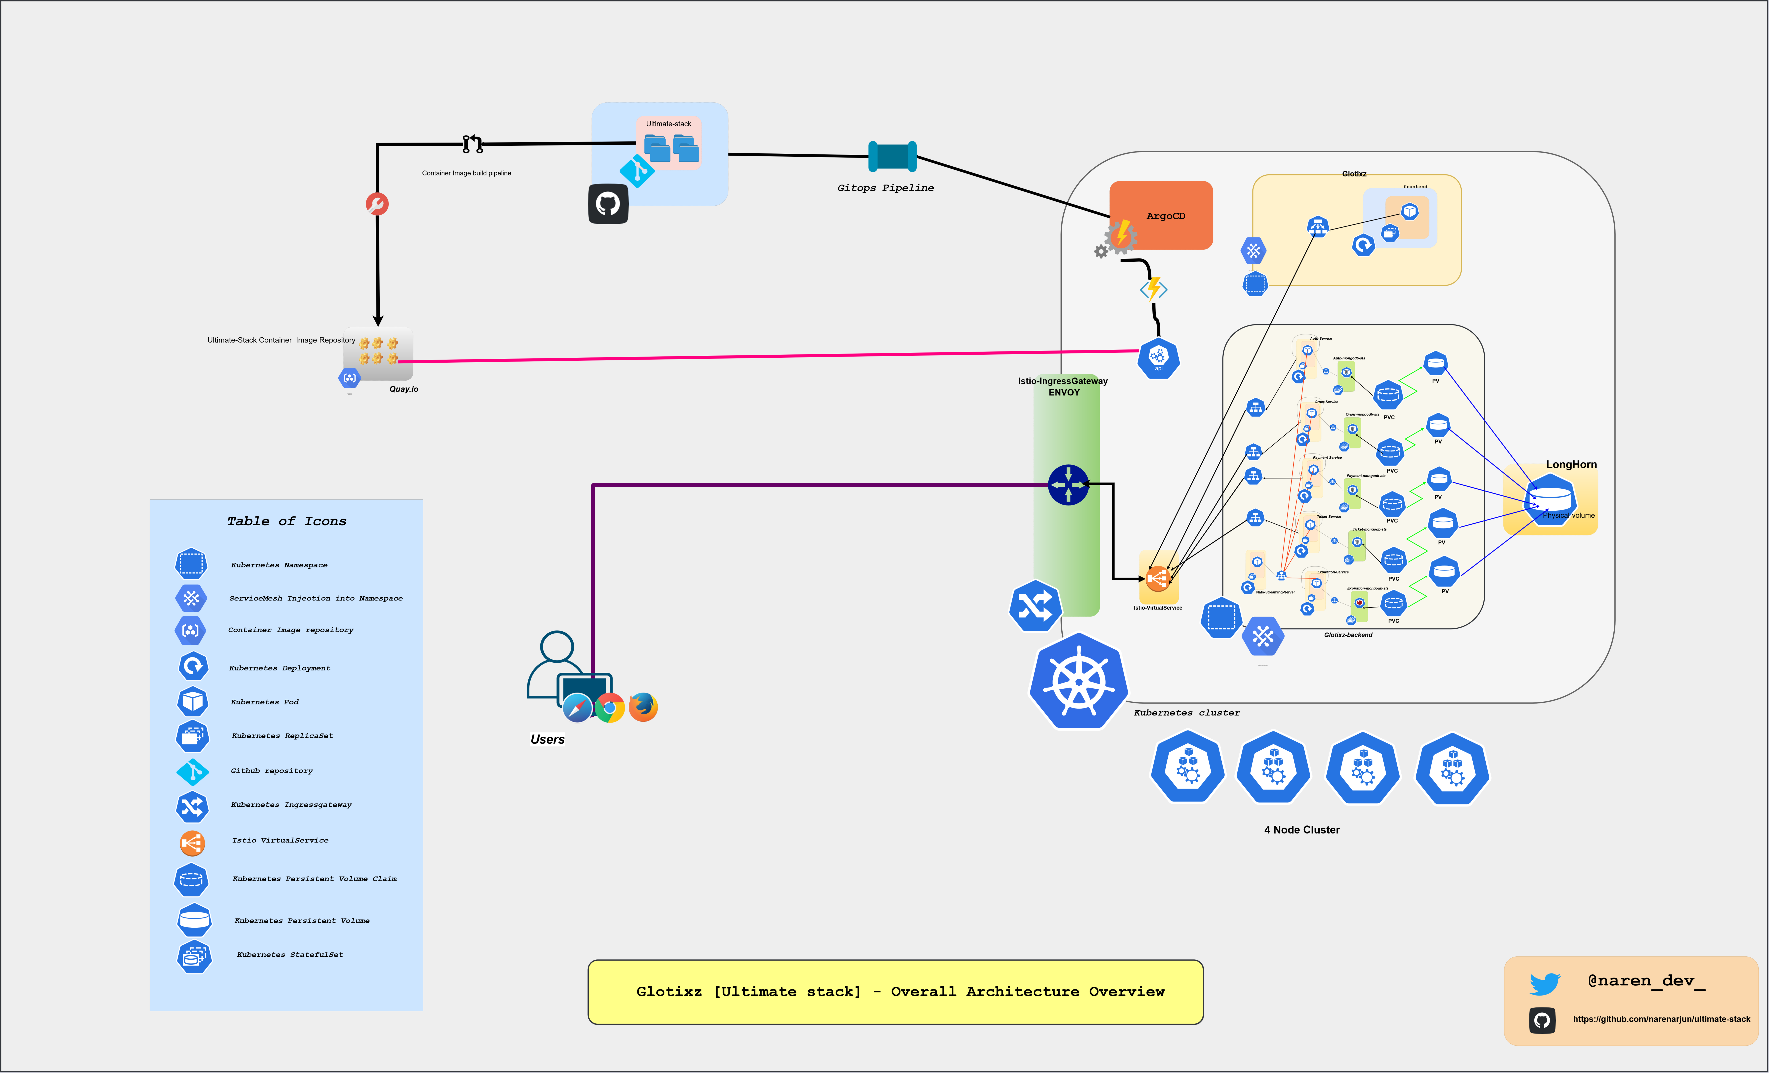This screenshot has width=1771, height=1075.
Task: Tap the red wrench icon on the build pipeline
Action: pyautogui.click(x=377, y=204)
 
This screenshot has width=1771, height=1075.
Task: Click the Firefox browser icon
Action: pyautogui.click(x=643, y=707)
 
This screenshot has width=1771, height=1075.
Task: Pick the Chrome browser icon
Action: pyautogui.click(x=609, y=709)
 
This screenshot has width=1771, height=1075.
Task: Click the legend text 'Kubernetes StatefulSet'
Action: pyautogui.click(x=290, y=955)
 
